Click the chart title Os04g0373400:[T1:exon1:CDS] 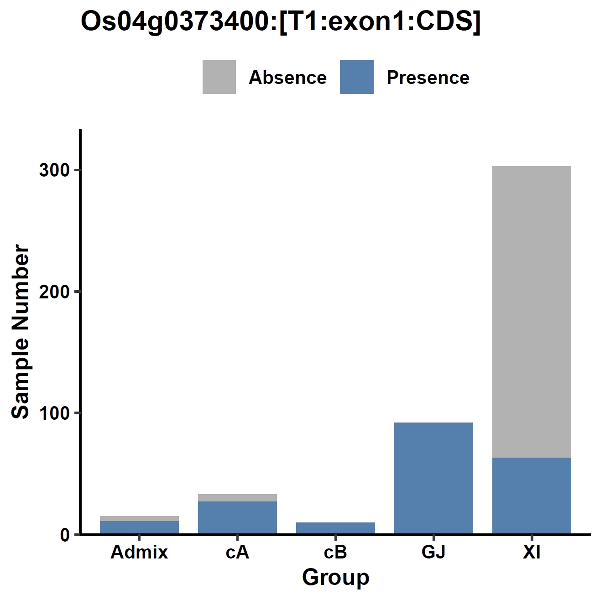(281, 22)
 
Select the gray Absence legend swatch (219, 77)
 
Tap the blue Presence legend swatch (357, 77)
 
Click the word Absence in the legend (288, 78)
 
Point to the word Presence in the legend (428, 78)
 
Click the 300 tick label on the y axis (54, 170)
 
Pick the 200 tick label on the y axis (54, 292)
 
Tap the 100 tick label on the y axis (54, 413)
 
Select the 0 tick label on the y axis (64, 535)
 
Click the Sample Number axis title (20, 332)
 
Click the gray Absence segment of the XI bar (532, 312)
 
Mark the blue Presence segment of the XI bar (532, 496)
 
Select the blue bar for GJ (434, 478)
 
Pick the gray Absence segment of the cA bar (237, 497)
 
